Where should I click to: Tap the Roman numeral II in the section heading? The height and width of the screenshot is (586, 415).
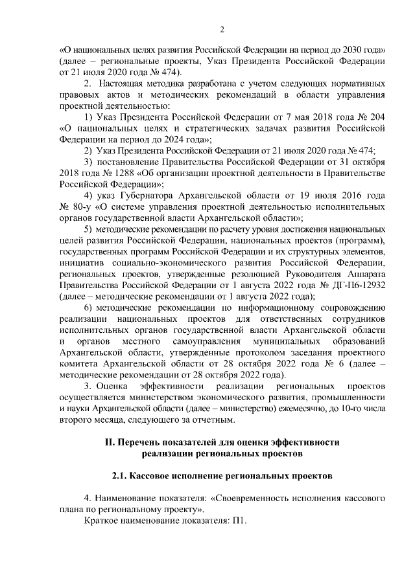tap(109, 442)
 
